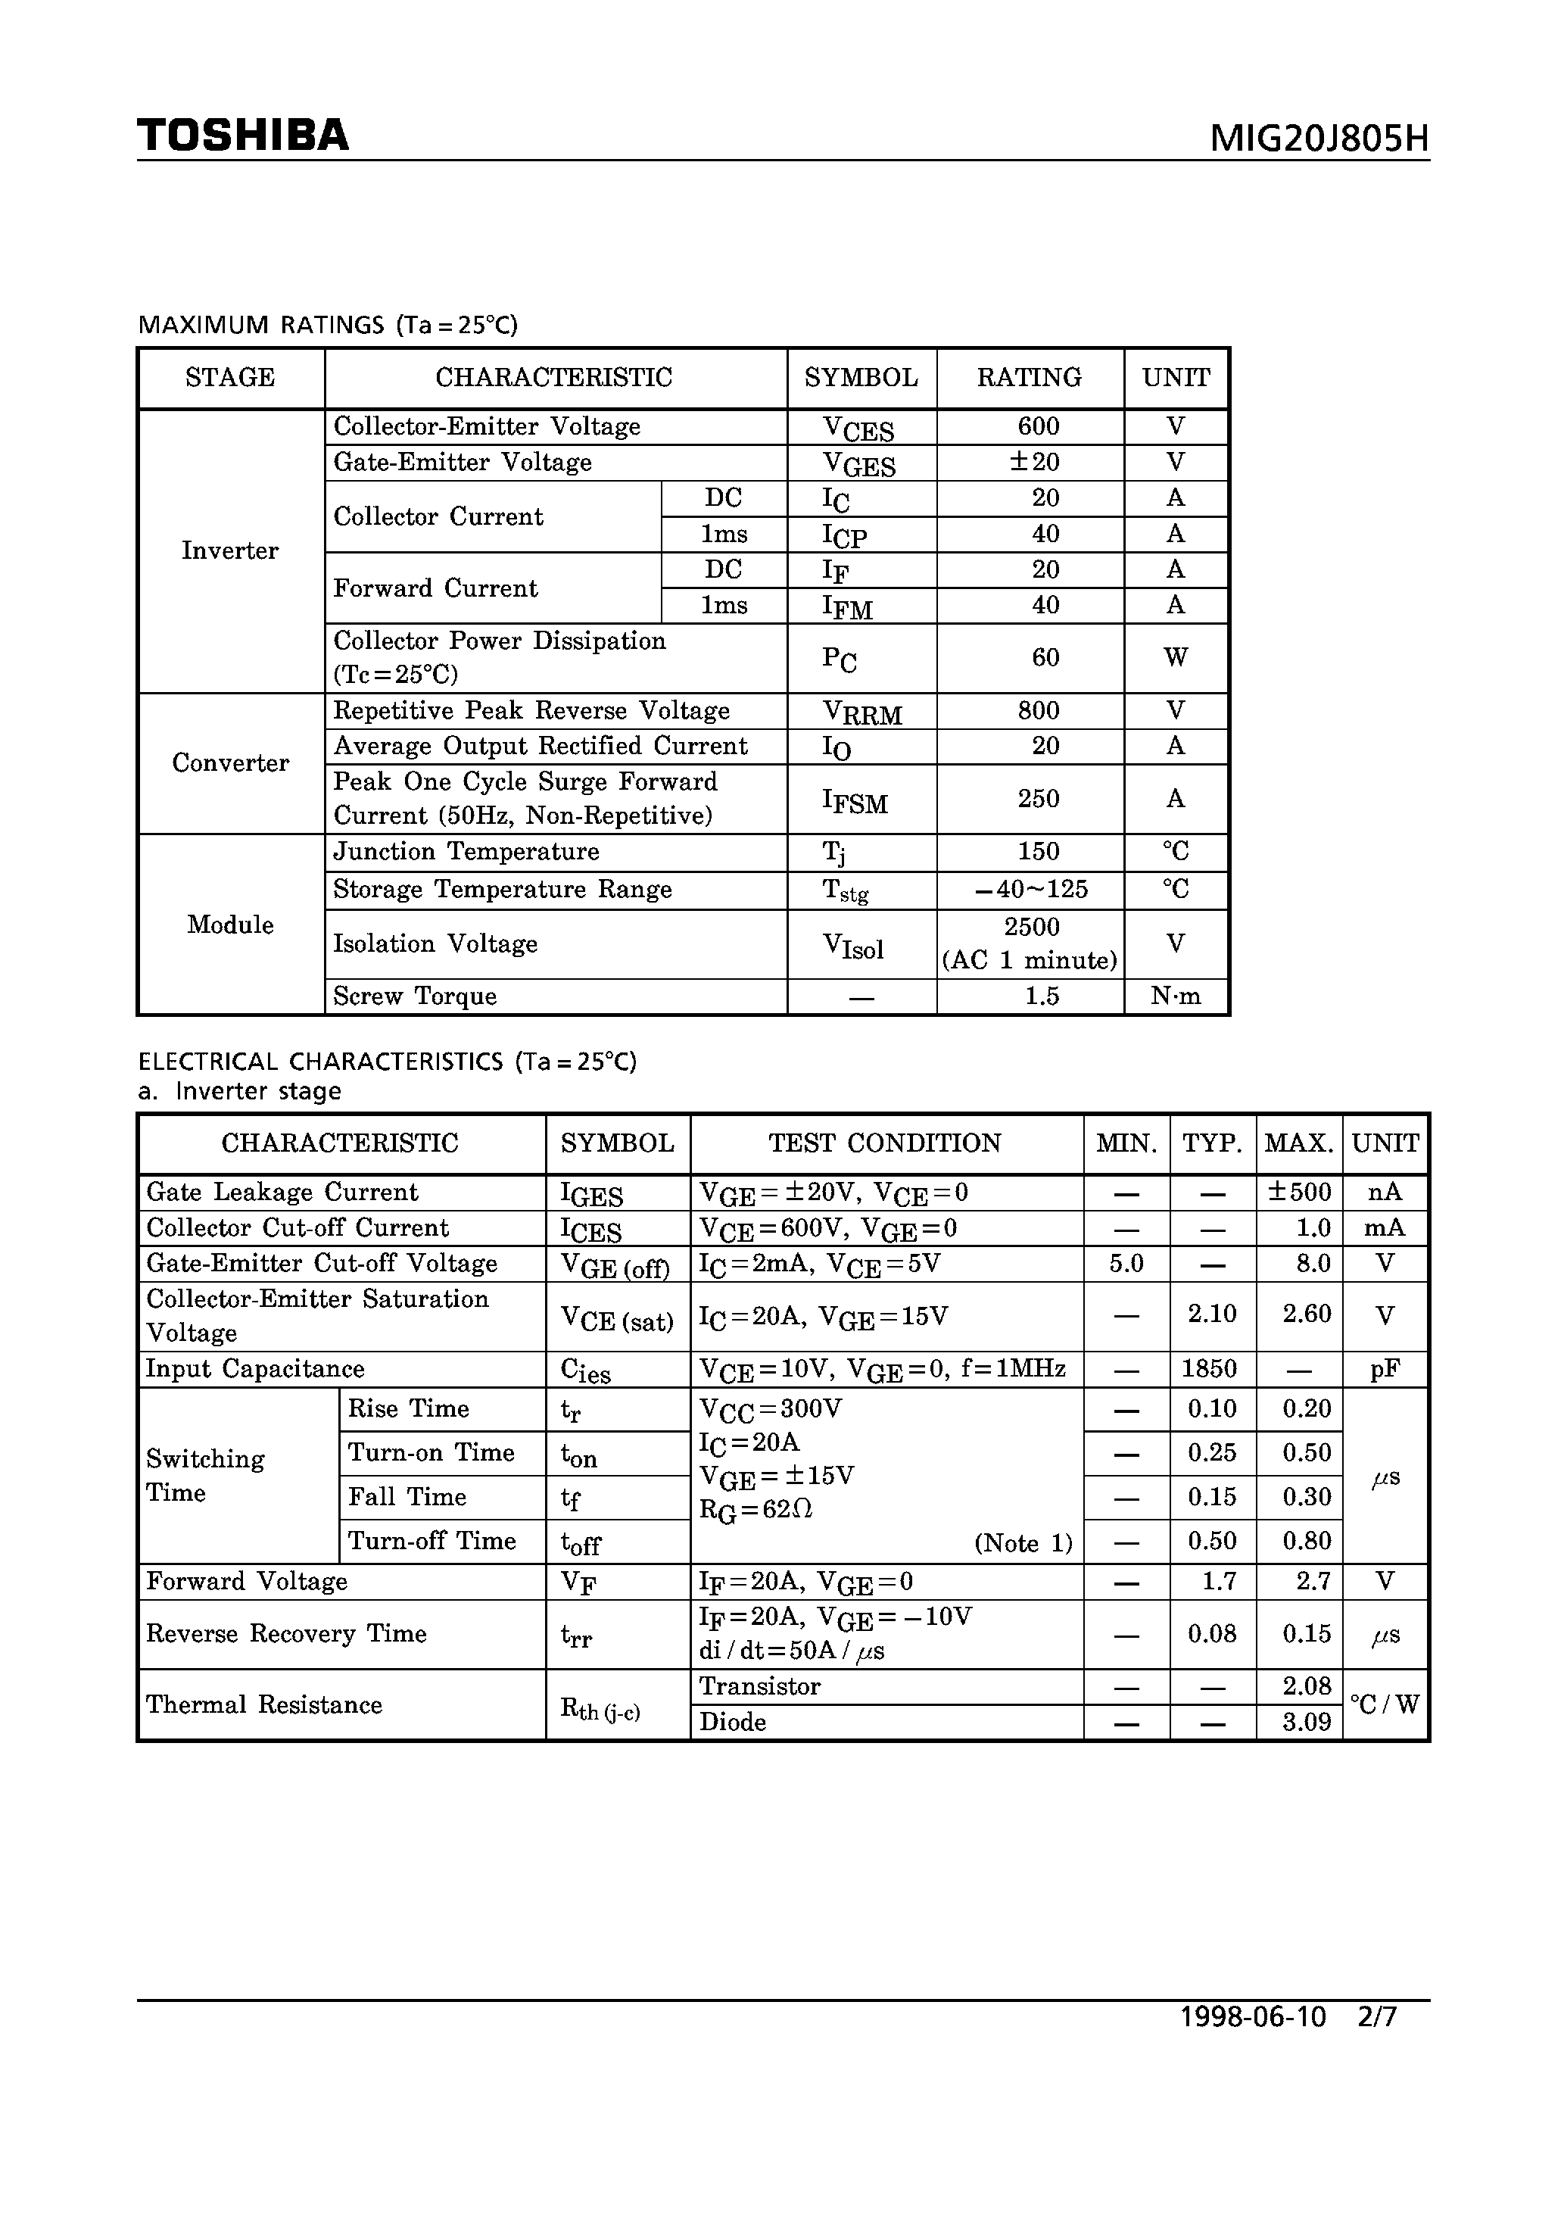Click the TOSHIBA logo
point(242,135)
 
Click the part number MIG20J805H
point(1319,140)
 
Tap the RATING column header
point(1029,377)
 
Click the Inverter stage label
point(229,550)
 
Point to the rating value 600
point(1038,426)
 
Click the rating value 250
point(1038,798)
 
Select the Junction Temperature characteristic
point(466,852)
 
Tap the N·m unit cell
point(1176,996)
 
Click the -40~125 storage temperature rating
point(1031,889)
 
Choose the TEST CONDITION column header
point(884,1143)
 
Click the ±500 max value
point(1299,1192)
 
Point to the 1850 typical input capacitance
point(1211,1368)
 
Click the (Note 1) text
point(1023,1543)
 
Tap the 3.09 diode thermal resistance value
point(1307,1723)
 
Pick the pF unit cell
point(1385,1369)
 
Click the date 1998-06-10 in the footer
point(1253,2017)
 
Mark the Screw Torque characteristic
point(415,996)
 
